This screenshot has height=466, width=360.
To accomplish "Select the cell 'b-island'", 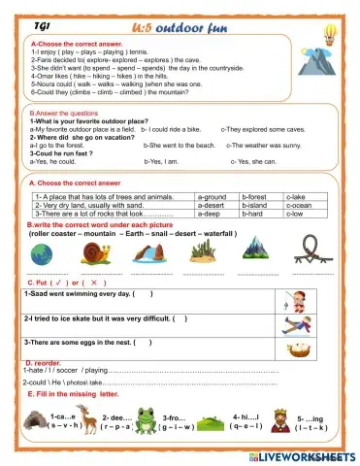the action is click(255, 205).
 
